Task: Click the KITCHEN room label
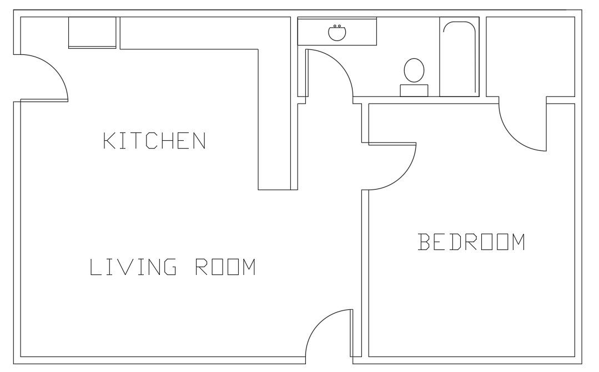(155, 141)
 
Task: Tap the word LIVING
(133, 267)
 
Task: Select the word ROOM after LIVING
(225, 267)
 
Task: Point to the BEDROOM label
(471, 242)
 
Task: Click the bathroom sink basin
(337, 32)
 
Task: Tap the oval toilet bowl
(414, 70)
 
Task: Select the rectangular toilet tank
(414, 90)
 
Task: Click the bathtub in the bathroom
(459, 57)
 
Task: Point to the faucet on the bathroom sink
(337, 26)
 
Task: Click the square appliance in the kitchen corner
(92, 32)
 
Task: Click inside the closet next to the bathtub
(530, 57)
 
